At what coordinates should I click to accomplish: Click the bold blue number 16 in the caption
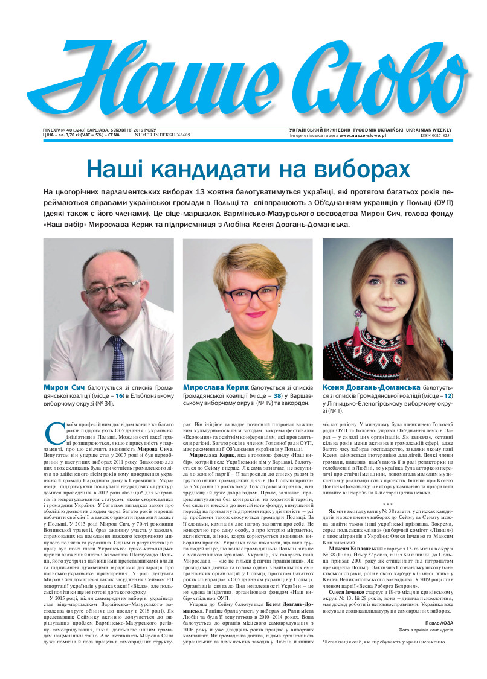[x=120, y=395]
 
